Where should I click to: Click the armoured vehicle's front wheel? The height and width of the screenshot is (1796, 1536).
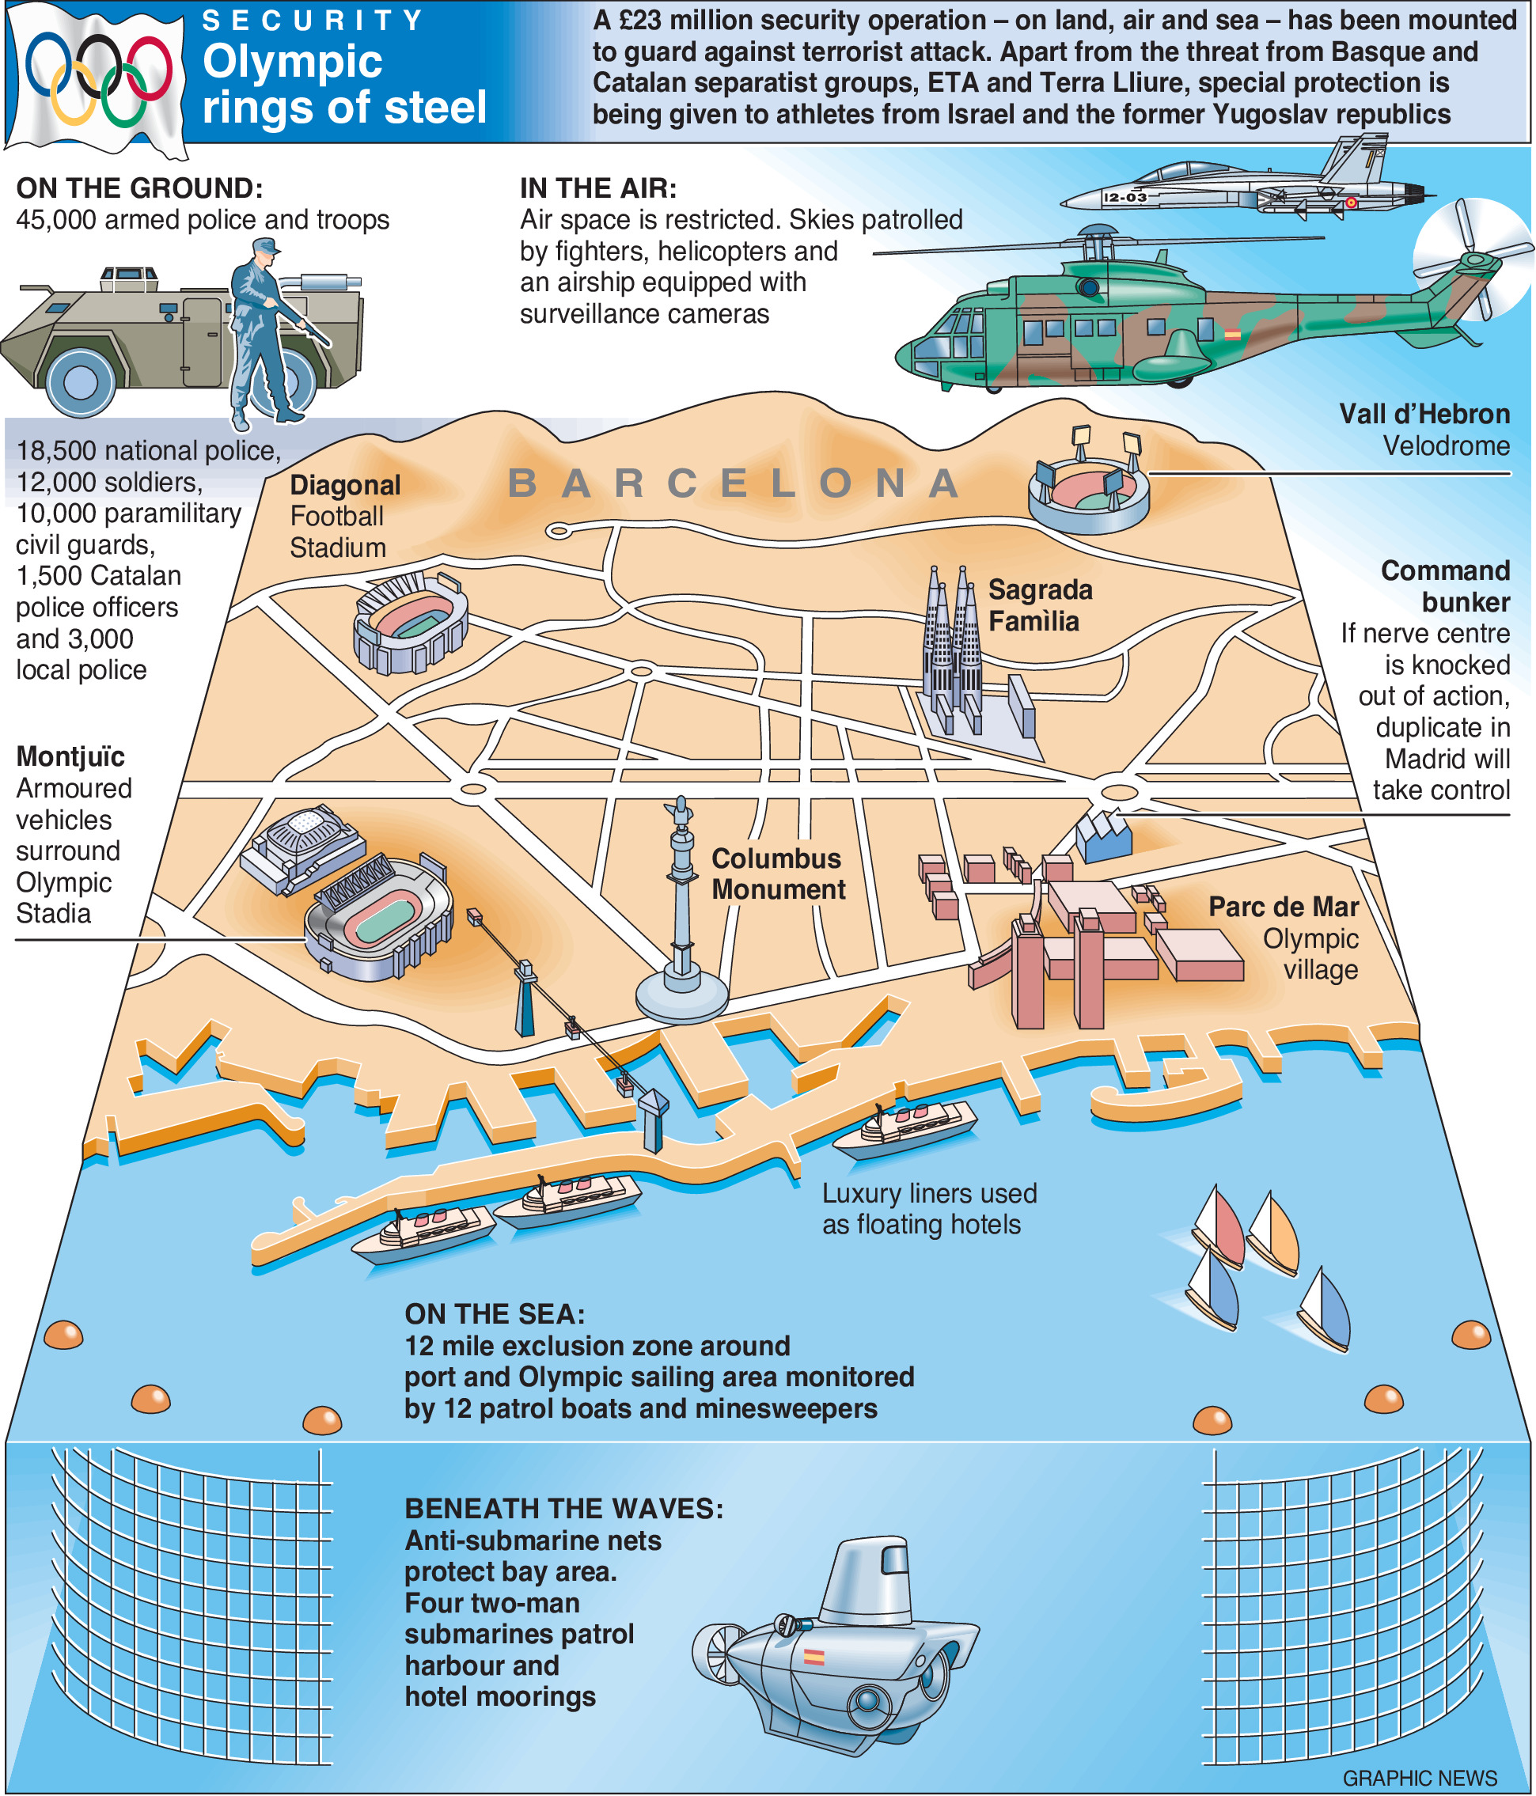[81, 381]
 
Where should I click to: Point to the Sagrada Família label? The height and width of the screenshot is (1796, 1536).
[1039, 605]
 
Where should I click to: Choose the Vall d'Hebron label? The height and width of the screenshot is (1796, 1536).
[1424, 415]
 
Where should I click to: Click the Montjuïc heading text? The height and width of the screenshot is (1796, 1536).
[70, 756]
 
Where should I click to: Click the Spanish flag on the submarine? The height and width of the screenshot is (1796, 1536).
[813, 1657]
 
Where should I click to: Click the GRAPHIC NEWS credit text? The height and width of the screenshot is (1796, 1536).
[1419, 1778]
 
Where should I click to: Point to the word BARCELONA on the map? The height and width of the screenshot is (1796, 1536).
[734, 483]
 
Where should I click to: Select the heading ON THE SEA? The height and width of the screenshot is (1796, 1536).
[494, 1314]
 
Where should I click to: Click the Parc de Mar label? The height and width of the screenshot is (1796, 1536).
[1283, 907]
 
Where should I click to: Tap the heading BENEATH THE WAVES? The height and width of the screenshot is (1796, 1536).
[563, 1508]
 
